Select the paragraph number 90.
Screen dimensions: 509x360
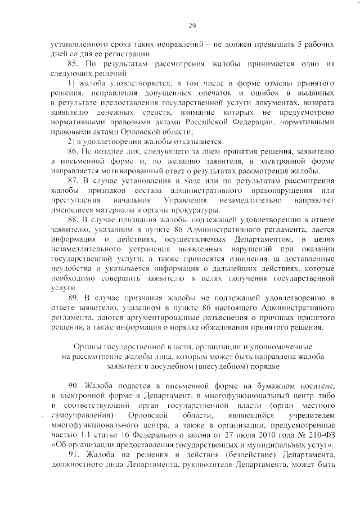[x=74, y=385]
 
